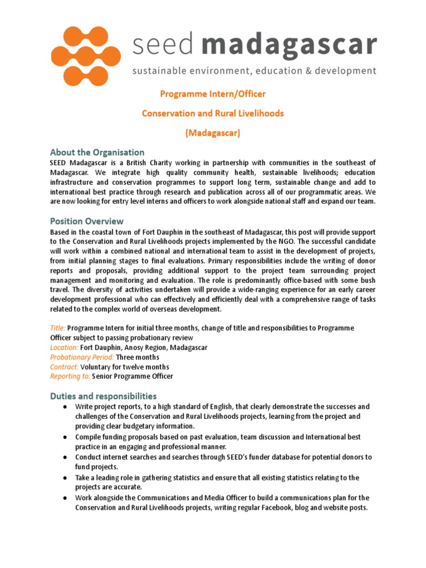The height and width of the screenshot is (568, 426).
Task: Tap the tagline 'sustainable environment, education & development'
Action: [x=253, y=71]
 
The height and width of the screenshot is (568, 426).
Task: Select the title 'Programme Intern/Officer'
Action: [x=212, y=94]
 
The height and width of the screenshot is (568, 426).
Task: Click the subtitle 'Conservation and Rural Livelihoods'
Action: [x=212, y=113]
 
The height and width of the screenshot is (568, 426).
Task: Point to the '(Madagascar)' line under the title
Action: [x=212, y=133]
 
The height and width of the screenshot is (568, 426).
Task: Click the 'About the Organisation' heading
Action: [x=97, y=152]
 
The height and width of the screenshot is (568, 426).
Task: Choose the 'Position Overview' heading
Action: [x=87, y=221]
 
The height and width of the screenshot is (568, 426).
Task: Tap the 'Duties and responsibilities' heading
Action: [x=103, y=396]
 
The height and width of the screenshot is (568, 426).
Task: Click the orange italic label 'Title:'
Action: [x=58, y=328]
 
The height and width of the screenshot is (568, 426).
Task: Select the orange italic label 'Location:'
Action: [x=64, y=347]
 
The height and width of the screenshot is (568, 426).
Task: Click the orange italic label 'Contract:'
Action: [x=64, y=367]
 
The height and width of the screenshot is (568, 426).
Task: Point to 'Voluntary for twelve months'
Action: [x=125, y=367]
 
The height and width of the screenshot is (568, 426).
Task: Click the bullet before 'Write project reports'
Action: [x=65, y=407]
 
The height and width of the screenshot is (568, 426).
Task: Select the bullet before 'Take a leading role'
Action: [x=65, y=478]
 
